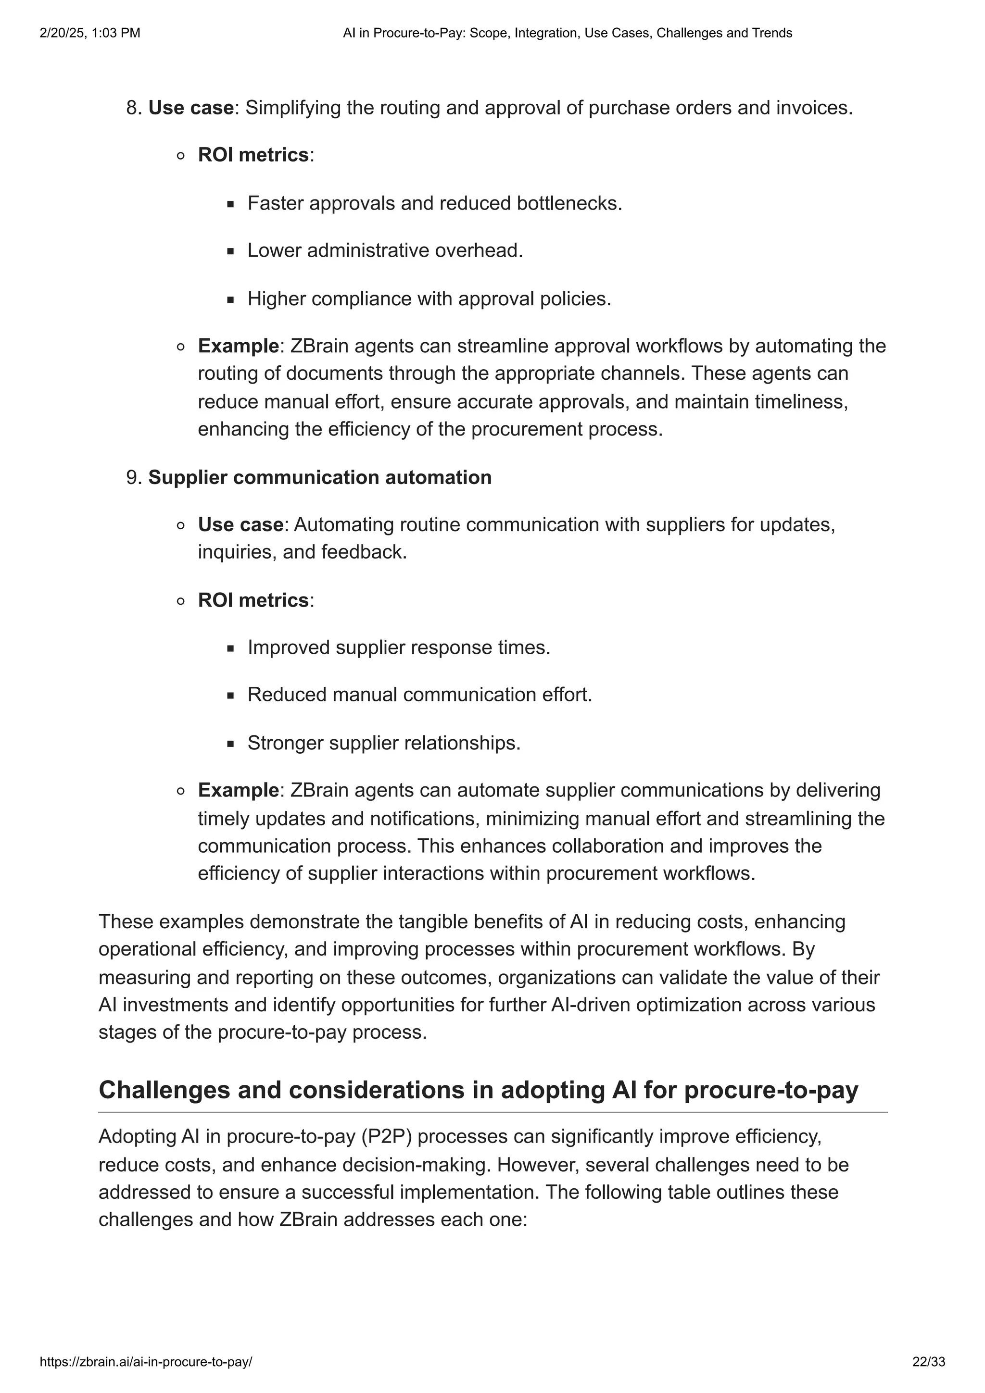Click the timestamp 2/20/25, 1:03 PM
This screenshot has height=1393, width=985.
90,33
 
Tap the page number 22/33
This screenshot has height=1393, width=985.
929,1362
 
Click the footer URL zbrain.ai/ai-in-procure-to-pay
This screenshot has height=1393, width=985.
146,1362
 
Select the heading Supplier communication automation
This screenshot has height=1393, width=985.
320,477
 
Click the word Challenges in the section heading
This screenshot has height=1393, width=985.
163,1090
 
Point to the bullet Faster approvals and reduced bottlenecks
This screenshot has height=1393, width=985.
434,203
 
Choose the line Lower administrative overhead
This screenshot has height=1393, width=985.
385,250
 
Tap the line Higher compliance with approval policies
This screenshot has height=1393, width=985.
429,298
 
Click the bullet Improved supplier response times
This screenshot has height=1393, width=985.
399,647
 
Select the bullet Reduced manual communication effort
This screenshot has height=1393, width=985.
419,695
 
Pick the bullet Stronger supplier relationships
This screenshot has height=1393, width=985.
383,743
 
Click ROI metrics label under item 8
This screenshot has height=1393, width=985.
253,155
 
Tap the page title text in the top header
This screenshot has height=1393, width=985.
568,33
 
